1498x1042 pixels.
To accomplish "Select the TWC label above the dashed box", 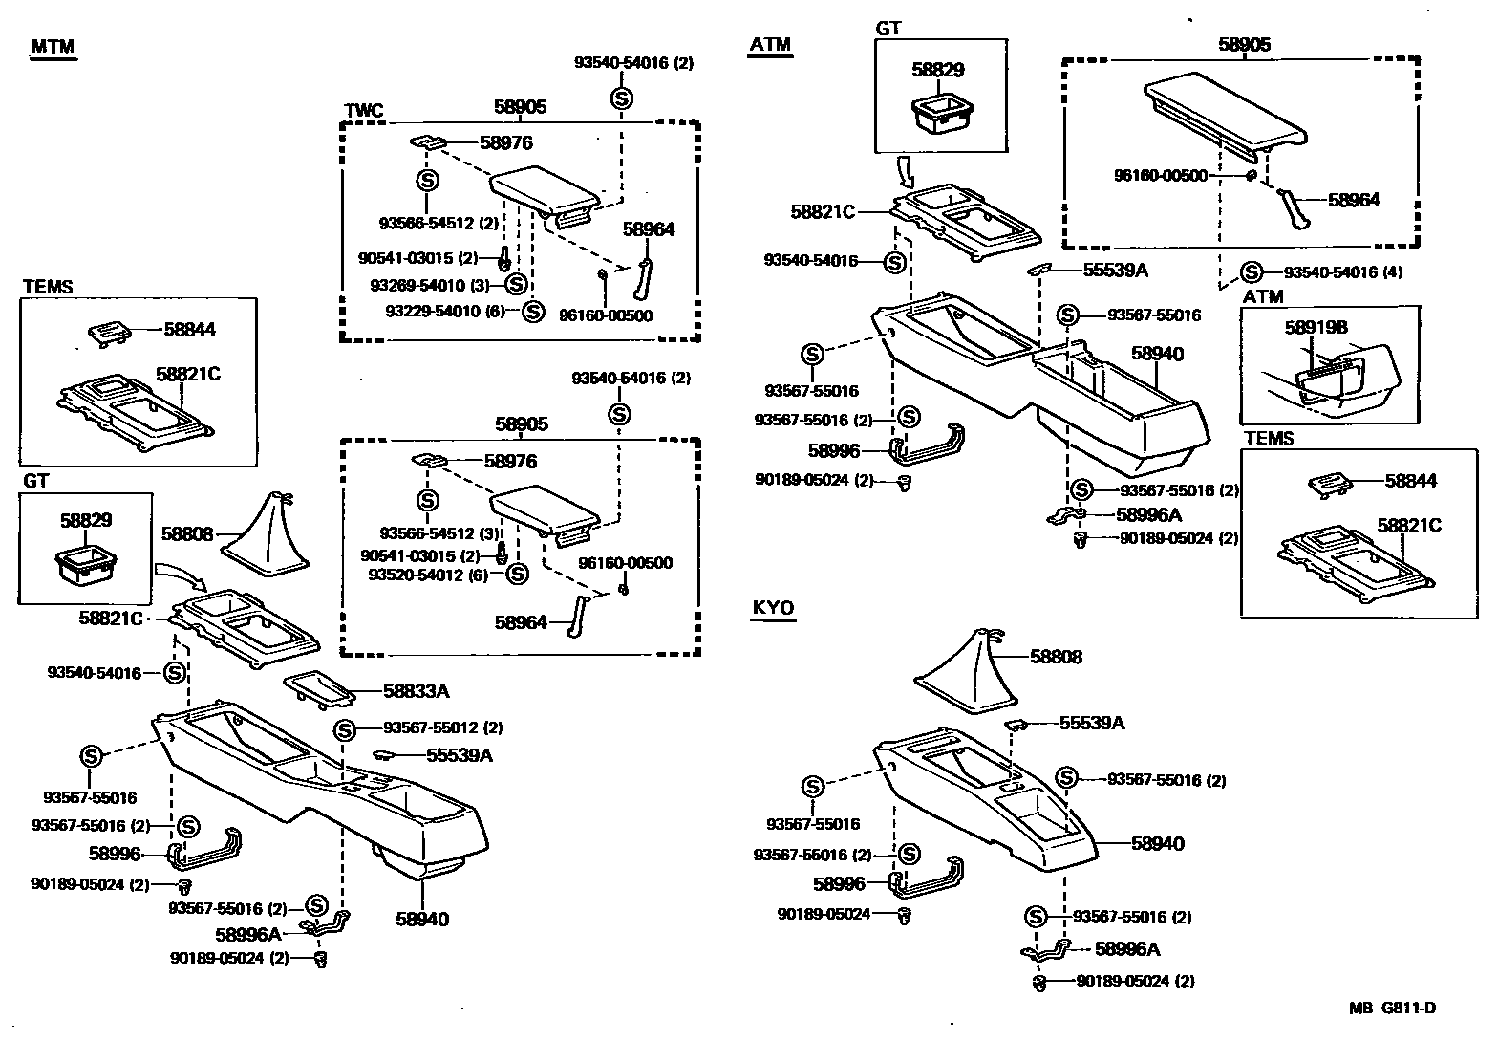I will [363, 111].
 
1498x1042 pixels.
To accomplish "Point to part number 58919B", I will [1316, 328].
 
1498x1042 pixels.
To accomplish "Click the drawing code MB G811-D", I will [1392, 1008].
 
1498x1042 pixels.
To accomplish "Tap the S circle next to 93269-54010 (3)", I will [515, 284].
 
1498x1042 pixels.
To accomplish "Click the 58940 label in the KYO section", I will [1157, 843].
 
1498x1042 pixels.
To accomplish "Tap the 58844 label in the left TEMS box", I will [189, 330].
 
